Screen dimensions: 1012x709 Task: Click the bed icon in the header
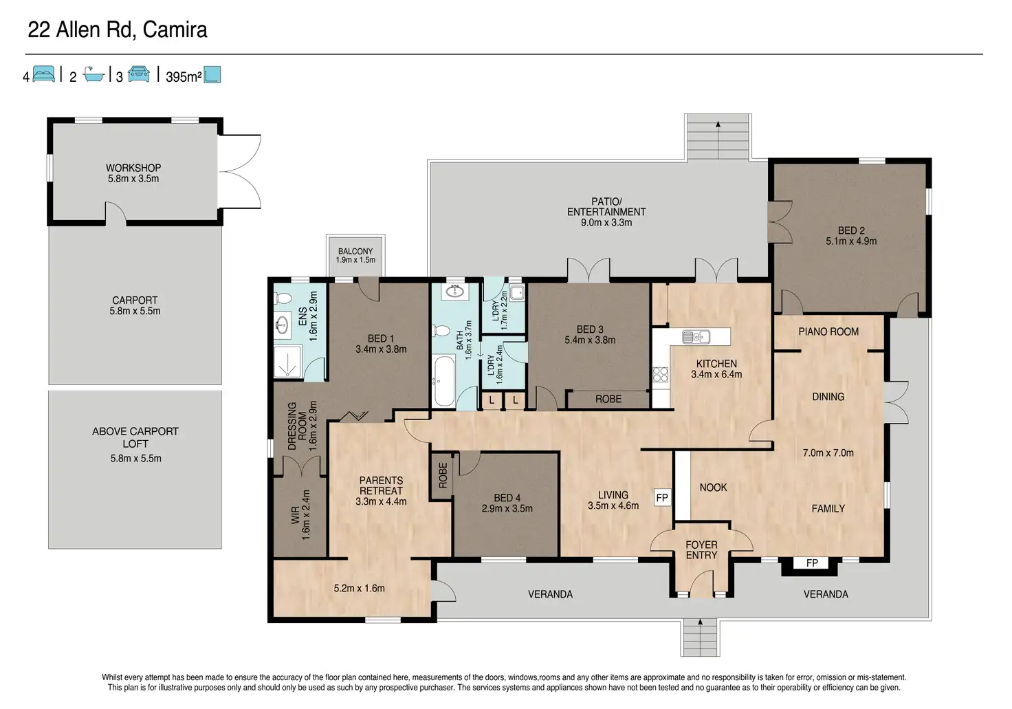coord(44,74)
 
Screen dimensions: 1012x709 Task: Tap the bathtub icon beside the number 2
coord(94,74)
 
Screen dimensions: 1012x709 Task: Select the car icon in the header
coord(139,74)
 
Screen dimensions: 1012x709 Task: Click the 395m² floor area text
coord(184,77)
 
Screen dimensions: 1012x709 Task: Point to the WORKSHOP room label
coord(133,168)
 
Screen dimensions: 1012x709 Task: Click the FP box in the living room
coord(662,497)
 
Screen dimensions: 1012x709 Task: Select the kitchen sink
coord(696,337)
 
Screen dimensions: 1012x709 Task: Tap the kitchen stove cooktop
coord(660,375)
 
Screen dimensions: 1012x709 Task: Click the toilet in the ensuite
coord(283,298)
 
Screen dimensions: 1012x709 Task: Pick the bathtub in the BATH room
coord(443,381)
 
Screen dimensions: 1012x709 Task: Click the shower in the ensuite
coord(287,362)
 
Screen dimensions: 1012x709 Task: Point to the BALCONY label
coord(355,251)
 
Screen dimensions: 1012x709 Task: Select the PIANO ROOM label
coord(828,331)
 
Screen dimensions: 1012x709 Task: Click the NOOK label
coord(713,488)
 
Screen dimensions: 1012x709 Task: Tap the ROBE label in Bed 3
coord(608,399)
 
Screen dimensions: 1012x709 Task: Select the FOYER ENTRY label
coord(701,550)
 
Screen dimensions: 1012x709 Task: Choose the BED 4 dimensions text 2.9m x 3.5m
coord(507,508)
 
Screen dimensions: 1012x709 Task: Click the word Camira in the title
coord(175,30)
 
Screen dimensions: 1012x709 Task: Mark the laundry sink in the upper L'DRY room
coord(517,293)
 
